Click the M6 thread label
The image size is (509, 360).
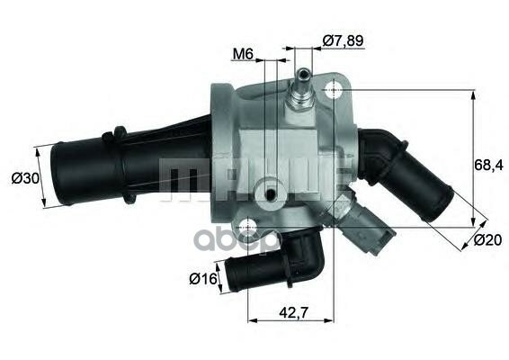(x=242, y=54)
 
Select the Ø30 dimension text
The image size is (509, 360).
(x=25, y=178)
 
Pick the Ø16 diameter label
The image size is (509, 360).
(x=202, y=278)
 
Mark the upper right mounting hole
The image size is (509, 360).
(x=335, y=90)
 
